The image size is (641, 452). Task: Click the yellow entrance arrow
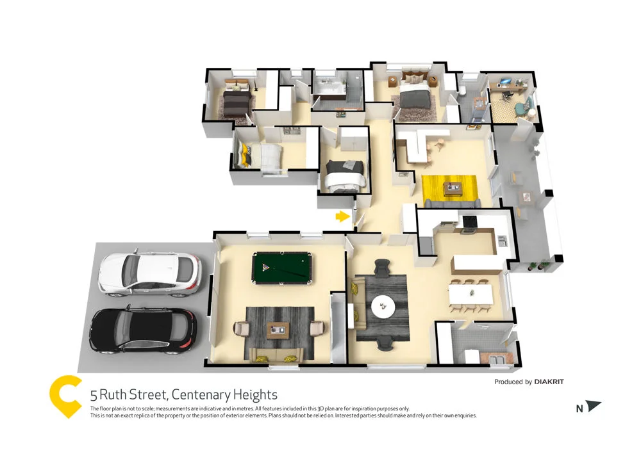[342, 216]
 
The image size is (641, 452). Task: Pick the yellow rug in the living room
[449, 188]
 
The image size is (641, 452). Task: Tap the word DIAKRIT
[549, 382]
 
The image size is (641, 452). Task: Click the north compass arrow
[594, 407]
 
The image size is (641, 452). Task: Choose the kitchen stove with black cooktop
[469, 222]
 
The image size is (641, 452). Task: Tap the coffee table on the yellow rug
[456, 188]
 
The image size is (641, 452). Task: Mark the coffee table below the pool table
[278, 328]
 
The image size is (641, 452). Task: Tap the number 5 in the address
[94, 395]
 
